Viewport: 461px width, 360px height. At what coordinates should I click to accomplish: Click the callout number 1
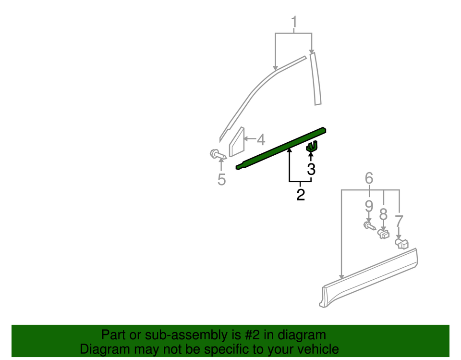[294, 22]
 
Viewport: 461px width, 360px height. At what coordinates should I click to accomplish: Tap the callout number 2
[301, 195]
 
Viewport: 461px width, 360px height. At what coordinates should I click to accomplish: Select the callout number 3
[311, 169]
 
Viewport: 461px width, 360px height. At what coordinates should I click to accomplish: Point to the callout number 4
[261, 139]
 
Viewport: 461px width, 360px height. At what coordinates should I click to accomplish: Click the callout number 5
[222, 179]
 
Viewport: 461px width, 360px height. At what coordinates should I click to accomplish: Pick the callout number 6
[369, 178]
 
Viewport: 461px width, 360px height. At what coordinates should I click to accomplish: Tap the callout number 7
[399, 221]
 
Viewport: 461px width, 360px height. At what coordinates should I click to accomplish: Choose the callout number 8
[383, 214]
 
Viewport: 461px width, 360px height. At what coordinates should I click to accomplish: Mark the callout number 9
[369, 206]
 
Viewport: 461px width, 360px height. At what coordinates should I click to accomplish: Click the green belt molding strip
[281, 149]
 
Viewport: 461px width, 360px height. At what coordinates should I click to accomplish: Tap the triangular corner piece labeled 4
[237, 142]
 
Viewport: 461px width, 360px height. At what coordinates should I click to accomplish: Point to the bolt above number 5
[218, 155]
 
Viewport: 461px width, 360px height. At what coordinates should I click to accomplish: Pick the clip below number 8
[383, 234]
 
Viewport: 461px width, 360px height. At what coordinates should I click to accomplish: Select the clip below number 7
[401, 244]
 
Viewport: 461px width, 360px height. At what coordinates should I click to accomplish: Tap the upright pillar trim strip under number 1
[315, 78]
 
